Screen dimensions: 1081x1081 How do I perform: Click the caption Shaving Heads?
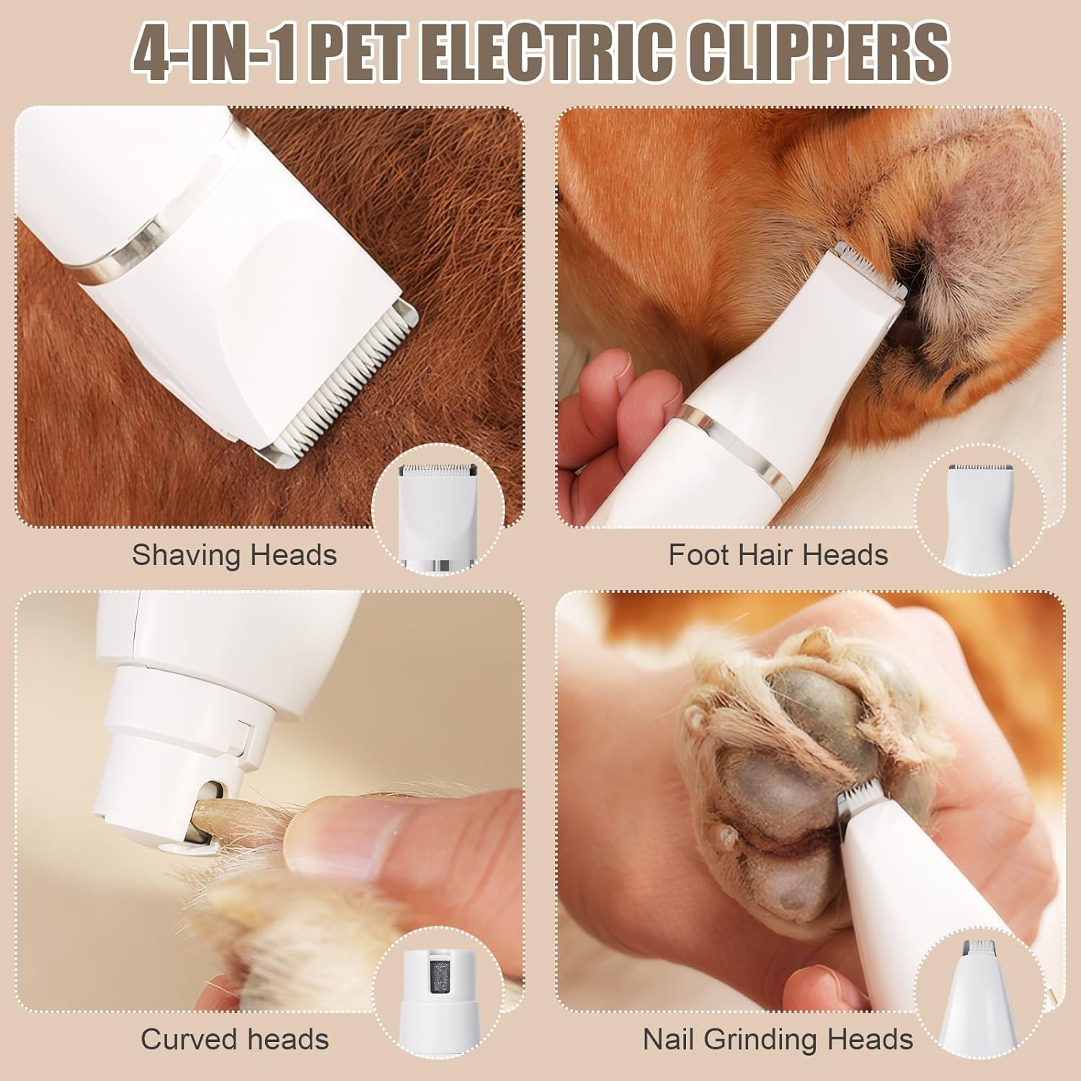click(234, 556)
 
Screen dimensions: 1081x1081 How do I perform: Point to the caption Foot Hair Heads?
click(778, 556)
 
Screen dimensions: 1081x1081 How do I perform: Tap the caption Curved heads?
click(235, 1039)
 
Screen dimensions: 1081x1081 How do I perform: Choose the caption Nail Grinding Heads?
click(778, 1039)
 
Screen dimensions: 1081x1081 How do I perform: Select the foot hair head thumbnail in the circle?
click(980, 516)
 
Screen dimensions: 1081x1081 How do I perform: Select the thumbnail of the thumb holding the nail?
click(339, 829)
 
